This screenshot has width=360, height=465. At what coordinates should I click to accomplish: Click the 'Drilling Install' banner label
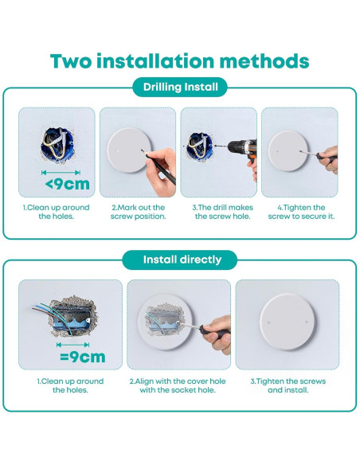[x=180, y=88]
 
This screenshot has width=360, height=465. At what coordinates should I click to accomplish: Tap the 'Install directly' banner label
[x=182, y=260]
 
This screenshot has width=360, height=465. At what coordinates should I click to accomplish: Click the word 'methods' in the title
[x=264, y=61]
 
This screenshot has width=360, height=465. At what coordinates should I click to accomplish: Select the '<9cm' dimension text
[x=68, y=184]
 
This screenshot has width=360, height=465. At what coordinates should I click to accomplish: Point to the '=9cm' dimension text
[x=83, y=357]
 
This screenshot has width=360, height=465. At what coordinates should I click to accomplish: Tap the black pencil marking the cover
[x=159, y=166]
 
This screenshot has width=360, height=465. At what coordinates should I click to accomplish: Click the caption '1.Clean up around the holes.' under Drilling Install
[x=57, y=212]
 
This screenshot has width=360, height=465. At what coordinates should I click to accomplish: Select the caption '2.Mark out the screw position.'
[x=139, y=212]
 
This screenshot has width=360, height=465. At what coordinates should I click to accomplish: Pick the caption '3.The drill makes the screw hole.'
[x=223, y=212]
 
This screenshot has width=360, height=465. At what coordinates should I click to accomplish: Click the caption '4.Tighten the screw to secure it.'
[x=301, y=212]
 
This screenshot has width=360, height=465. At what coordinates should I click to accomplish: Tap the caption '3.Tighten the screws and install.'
[x=288, y=385]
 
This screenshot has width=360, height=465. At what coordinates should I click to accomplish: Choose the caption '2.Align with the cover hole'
[x=178, y=381]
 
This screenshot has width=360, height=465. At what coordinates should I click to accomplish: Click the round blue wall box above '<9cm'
[x=57, y=145]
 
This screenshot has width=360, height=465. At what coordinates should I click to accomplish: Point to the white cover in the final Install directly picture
[x=288, y=321]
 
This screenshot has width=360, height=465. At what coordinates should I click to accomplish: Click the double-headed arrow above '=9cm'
[x=72, y=345]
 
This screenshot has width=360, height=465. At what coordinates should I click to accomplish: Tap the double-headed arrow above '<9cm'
[x=61, y=172]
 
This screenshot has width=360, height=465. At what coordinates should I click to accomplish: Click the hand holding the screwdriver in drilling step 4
[x=329, y=159]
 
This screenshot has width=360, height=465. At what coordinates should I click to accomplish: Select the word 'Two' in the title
[x=71, y=61]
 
